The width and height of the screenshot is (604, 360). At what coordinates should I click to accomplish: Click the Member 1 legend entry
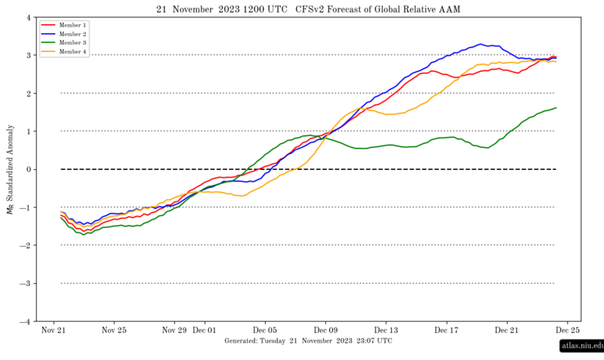coord(63,25)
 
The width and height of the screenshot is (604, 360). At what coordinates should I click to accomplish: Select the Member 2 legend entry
coord(63,35)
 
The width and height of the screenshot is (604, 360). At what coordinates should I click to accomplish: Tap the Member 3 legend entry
coord(63,44)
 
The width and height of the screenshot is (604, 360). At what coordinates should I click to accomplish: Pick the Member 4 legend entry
coord(63,53)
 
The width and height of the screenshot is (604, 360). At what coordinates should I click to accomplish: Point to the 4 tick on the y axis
coord(29,17)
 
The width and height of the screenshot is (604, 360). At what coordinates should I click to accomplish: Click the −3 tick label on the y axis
coord(27,283)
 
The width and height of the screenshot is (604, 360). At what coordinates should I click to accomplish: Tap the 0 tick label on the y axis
coord(29,169)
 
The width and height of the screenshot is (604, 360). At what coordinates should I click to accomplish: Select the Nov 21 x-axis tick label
coord(53,330)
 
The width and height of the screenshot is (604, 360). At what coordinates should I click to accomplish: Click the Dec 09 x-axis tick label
coord(325,330)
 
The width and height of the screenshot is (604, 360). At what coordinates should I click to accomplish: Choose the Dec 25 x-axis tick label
coord(568,330)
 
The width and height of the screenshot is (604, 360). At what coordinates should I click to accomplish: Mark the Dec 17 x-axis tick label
coord(446,330)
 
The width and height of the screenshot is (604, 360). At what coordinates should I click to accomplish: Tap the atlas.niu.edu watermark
coord(581,346)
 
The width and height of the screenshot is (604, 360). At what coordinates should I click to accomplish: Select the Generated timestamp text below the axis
coord(308,341)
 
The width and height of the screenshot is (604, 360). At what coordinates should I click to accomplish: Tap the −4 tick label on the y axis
coord(27,321)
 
